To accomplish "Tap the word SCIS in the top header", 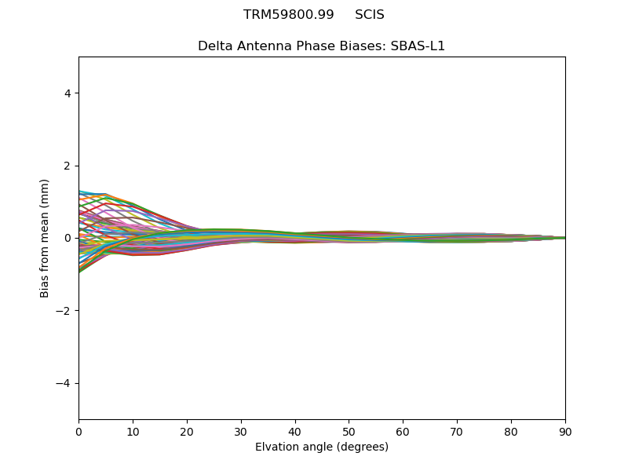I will pos(370,15).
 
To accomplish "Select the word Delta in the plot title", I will pos(214,46).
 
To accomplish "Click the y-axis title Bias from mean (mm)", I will pos(46,238).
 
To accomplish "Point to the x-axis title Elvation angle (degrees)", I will pos(322,447).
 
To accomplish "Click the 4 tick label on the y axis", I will pos(67,93).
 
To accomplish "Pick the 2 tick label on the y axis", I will pos(67,166).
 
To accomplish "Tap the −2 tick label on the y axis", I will pos(64,311).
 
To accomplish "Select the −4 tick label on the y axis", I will pos(64,383).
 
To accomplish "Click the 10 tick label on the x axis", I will pos(133,431).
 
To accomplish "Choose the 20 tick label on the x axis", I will pos(187,431).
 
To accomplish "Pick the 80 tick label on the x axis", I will pos(511,431).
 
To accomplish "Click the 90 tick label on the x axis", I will pos(565,431).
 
